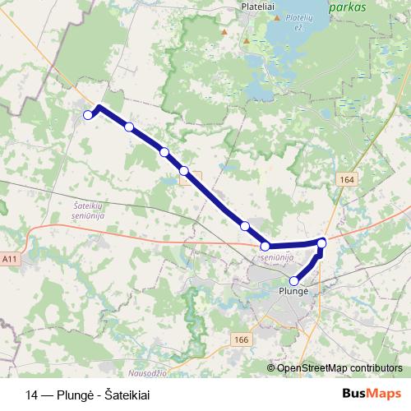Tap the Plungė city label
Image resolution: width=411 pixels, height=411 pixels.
(293, 292)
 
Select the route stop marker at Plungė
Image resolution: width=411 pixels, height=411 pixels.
(294, 280)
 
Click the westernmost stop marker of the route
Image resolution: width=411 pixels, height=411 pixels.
(88, 115)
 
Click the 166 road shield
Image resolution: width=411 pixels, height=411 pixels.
(241, 339)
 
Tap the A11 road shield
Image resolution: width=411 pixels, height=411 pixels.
(10, 259)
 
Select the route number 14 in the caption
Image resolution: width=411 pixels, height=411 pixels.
(32, 394)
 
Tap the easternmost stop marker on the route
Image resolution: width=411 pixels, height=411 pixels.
(321, 242)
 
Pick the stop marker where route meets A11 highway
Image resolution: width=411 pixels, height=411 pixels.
(265, 246)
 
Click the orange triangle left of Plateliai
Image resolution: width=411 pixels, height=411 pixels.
(224, 32)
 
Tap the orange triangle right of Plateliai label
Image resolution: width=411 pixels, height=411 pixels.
(278, 18)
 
